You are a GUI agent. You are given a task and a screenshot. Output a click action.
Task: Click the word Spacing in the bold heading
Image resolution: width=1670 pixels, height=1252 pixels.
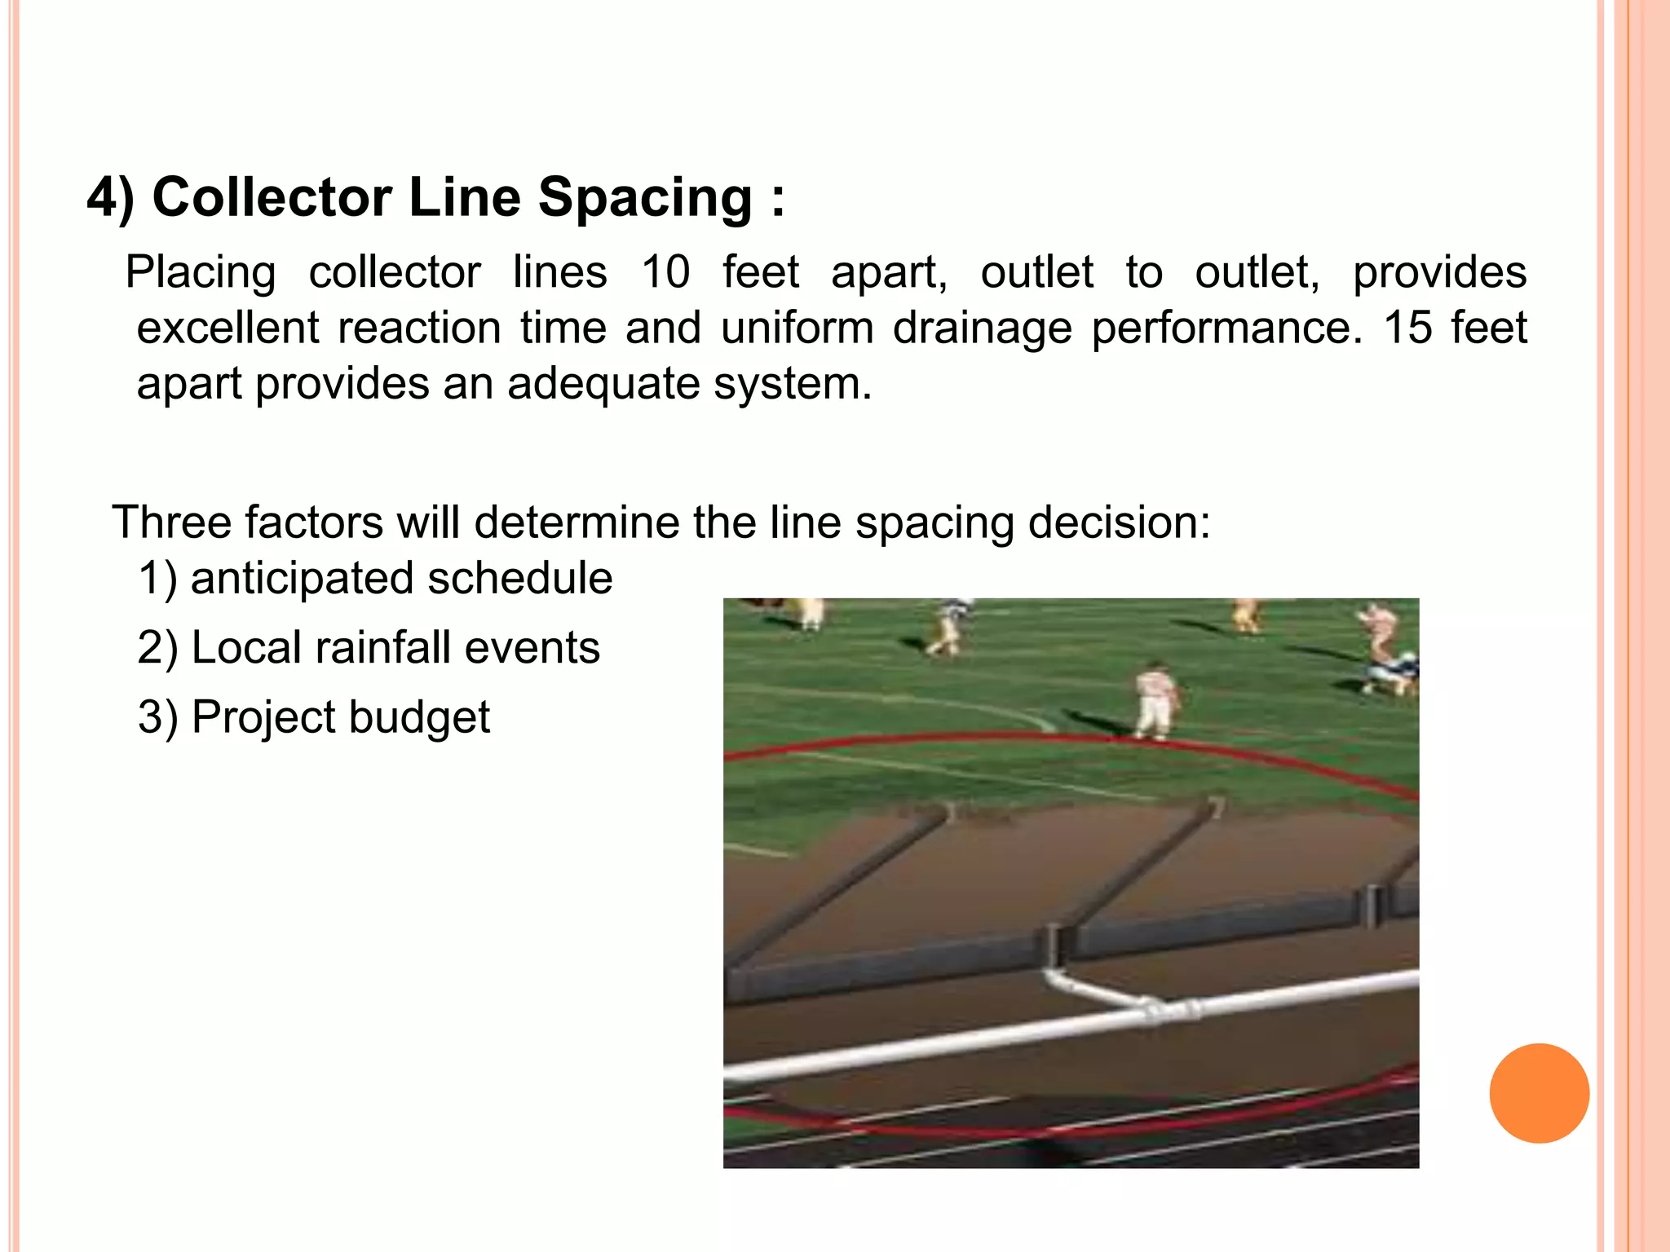click(645, 199)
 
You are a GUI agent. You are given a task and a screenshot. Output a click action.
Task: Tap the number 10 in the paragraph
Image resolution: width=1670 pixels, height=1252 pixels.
click(665, 271)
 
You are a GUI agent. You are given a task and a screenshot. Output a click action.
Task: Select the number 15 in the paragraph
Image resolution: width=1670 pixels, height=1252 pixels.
click(1407, 328)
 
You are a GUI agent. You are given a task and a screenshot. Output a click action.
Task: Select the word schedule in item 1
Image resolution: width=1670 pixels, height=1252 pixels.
click(519, 578)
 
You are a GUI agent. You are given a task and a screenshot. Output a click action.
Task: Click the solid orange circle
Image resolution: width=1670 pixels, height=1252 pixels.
click(1539, 1093)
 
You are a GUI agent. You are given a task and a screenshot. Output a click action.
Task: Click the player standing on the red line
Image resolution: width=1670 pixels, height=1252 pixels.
click(1156, 701)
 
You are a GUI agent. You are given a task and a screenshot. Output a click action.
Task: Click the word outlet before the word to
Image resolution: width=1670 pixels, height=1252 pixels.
click(1036, 271)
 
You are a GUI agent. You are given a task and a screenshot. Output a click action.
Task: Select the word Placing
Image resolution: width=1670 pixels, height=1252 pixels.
click(200, 272)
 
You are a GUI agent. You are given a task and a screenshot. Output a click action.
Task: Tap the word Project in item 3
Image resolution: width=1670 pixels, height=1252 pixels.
click(263, 718)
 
